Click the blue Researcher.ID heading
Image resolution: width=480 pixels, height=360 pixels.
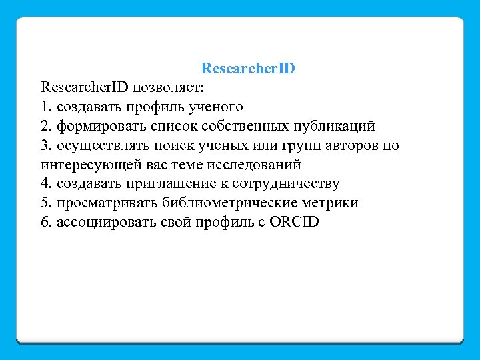[248, 69]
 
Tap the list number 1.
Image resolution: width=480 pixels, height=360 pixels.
[45, 107]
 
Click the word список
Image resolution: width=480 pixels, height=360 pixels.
[161, 126]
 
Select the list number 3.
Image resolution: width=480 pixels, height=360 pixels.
[45, 145]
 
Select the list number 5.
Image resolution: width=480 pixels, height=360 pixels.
[45, 203]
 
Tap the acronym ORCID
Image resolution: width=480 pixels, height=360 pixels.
[295, 223]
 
